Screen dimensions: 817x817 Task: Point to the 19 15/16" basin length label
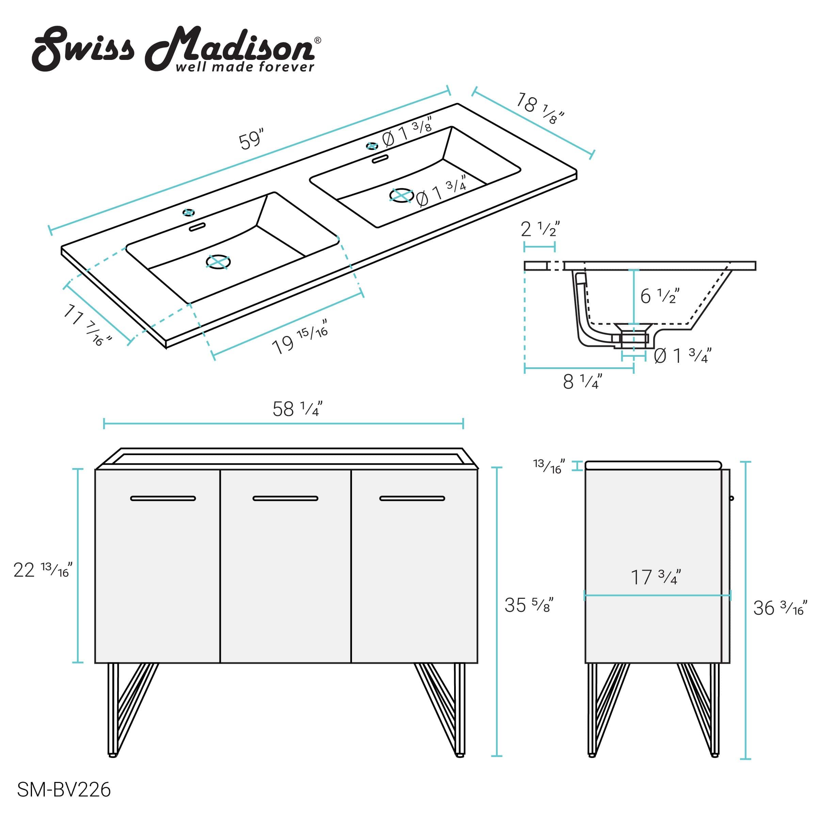click(300, 339)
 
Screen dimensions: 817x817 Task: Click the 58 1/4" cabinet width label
click(297, 409)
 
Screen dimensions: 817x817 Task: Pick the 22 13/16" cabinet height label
click(43, 570)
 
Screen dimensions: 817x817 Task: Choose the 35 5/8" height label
click(529, 605)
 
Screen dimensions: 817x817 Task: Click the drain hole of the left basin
click(218, 262)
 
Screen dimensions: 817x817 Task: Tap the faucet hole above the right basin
click(372, 146)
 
